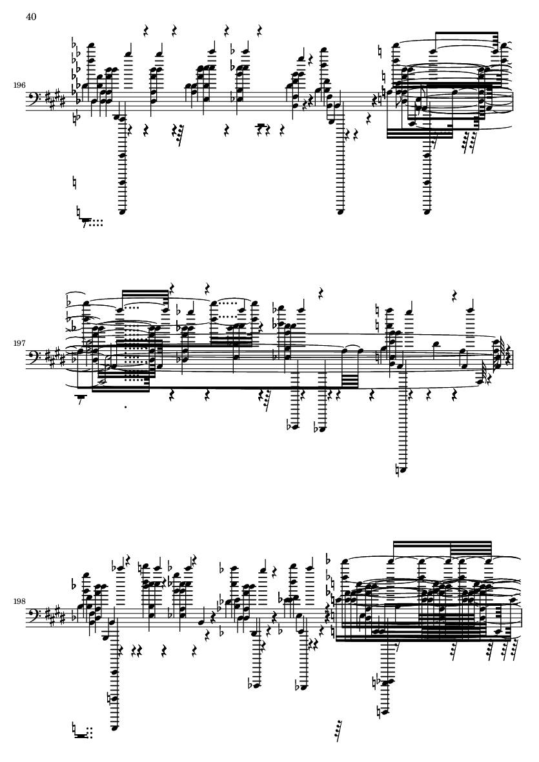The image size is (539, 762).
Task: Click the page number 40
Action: point(31,17)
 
